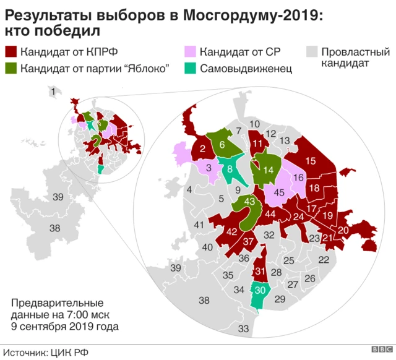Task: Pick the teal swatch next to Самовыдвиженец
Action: click(x=191, y=68)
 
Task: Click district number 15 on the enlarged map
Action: click(x=311, y=160)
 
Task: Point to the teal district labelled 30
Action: click(x=260, y=290)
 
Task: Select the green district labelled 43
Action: click(x=250, y=202)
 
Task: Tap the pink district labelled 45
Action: click(x=279, y=192)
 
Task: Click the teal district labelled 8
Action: click(x=230, y=168)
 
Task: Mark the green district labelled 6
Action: click(x=222, y=144)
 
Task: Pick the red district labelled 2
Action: click(x=202, y=148)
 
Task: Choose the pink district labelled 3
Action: click(x=209, y=168)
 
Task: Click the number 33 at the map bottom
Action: click(x=244, y=328)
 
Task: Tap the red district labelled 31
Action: click(x=260, y=271)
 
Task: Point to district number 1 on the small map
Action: click(x=53, y=92)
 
